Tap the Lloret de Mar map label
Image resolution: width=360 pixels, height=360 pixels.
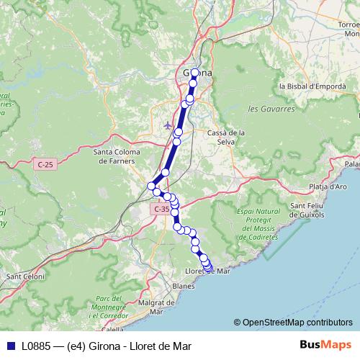(x=207, y=271)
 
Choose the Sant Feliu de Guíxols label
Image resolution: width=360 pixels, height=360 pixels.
(x=307, y=210)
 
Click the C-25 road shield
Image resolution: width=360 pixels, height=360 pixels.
(x=45, y=165)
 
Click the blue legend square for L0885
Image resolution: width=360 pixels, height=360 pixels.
(x=9, y=346)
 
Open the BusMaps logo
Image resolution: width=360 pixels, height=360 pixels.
(x=323, y=345)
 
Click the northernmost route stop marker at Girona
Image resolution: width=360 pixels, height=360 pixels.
(x=194, y=72)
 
